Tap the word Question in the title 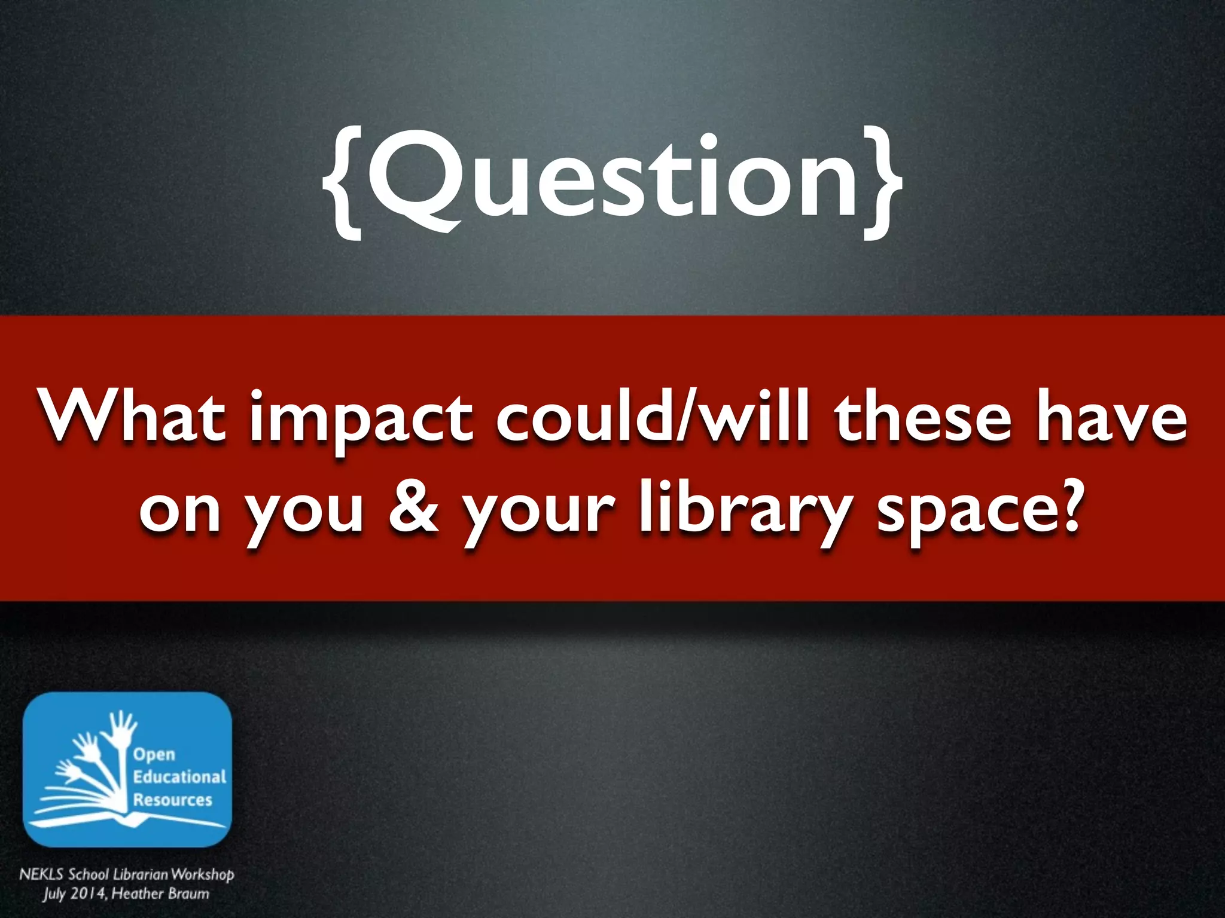click(x=613, y=176)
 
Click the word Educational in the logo click(x=179, y=777)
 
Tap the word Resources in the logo click(x=172, y=800)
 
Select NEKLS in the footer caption click(x=41, y=874)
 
